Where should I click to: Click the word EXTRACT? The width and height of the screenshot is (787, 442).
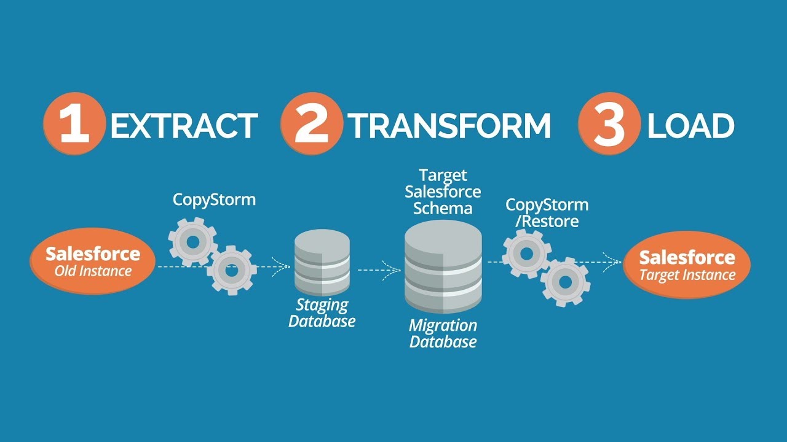pyautogui.click(x=184, y=126)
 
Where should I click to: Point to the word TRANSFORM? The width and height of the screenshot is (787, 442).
pyautogui.click(x=449, y=126)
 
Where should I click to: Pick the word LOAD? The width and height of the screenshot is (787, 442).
pyautogui.click(x=690, y=126)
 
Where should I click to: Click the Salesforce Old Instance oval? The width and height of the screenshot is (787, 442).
pyautogui.click(x=93, y=261)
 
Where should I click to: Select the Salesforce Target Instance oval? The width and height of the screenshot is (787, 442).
pyautogui.click(x=687, y=265)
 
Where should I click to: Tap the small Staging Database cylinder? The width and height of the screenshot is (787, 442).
pyautogui.click(x=322, y=263)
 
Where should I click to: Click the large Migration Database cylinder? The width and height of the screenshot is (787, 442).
pyautogui.click(x=443, y=267)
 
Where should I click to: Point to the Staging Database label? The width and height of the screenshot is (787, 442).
pyautogui.click(x=322, y=312)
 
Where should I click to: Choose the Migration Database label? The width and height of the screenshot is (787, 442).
pyautogui.click(x=443, y=333)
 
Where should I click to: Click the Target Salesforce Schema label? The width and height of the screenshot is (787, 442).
pyautogui.click(x=443, y=192)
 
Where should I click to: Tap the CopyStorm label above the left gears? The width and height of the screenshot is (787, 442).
pyautogui.click(x=214, y=200)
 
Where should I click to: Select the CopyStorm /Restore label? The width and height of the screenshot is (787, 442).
pyautogui.click(x=547, y=212)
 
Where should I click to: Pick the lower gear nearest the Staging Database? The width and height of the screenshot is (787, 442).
pyautogui.click(x=232, y=269)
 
